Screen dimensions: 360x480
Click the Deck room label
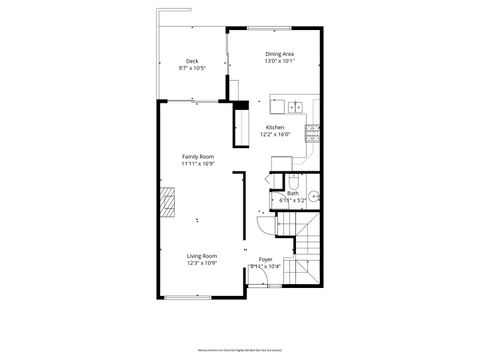click(x=192, y=61)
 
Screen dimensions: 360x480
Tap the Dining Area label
click(x=279, y=54)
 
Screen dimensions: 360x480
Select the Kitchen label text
click(x=274, y=127)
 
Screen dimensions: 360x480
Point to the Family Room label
click(x=197, y=157)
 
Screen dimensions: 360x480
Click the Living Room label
click(x=202, y=256)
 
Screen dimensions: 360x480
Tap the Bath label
click(x=293, y=193)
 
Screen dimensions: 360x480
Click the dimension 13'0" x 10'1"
click(x=279, y=62)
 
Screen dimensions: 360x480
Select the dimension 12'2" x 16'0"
click(x=274, y=135)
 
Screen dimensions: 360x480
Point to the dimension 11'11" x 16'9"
click(x=197, y=165)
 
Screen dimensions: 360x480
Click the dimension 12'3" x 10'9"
click(x=202, y=264)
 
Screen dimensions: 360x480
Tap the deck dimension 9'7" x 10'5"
click(x=192, y=69)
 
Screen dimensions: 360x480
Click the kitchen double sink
click(x=297, y=106)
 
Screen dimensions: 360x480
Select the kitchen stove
click(x=313, y=129)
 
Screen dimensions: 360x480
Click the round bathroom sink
click(x=312, y=197)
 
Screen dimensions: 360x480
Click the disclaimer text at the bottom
click(x=240, y=350)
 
